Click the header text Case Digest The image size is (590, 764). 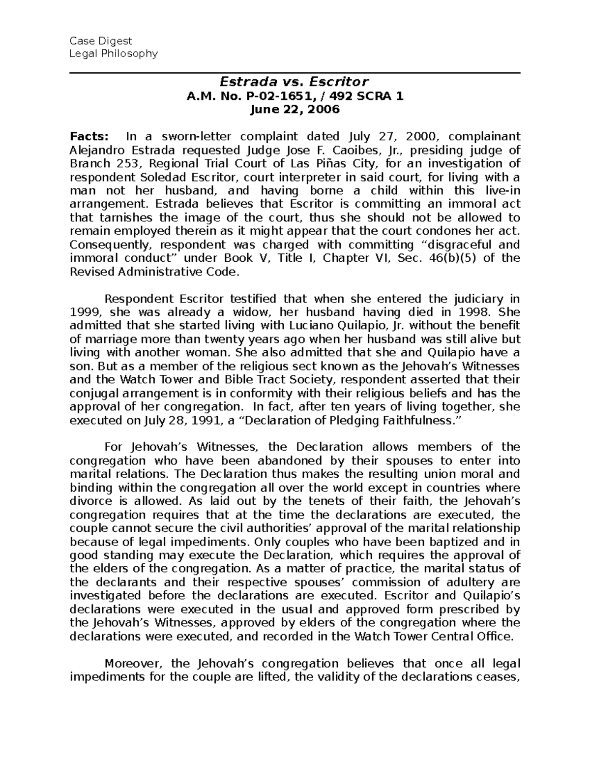coord(101,40)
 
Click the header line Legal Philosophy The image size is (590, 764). coord(114,54)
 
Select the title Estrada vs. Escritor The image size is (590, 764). coord(294,82)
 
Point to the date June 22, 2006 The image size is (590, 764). coord(295,109)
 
